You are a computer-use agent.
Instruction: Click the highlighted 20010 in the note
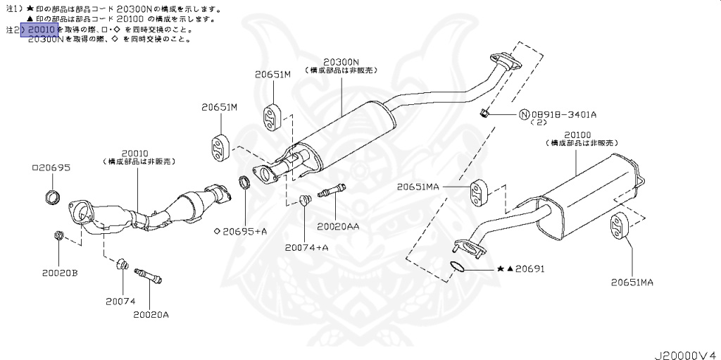pos(39,30)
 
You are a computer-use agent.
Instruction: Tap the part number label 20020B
pos(59,272)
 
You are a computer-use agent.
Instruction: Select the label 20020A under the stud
pos(151,314)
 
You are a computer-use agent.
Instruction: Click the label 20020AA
pos(338,226)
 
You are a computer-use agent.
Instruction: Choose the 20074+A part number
pos(307,247)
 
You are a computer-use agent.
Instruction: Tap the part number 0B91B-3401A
pos(564,113)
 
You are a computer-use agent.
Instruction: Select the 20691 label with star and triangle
pos(520,268)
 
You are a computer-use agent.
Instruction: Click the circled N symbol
pos(524,113)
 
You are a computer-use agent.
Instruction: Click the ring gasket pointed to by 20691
pos(456,266)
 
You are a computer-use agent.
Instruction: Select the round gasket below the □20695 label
pos(52,196)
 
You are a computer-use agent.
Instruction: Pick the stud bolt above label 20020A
pos(149,275)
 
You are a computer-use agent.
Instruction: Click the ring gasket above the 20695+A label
pos(244,183)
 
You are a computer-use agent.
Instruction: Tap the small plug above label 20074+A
pos(305,199)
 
